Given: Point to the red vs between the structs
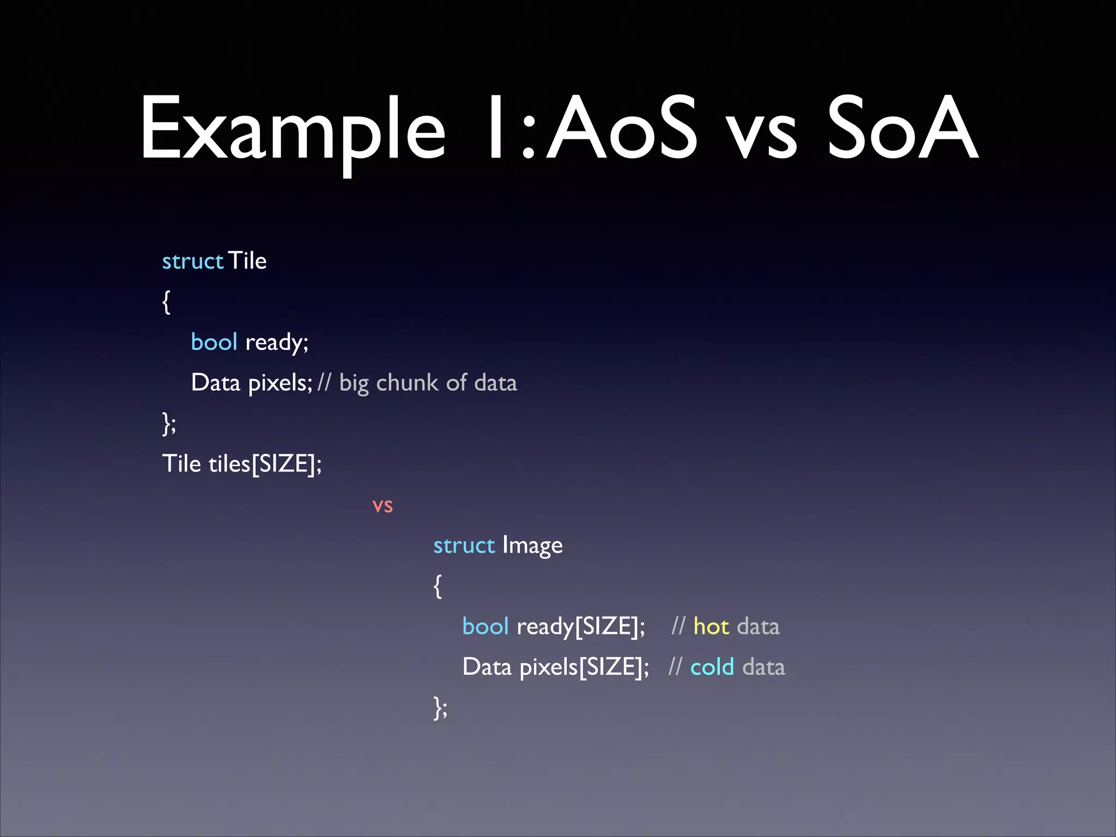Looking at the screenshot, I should (383, 506).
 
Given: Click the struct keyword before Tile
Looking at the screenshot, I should (192, 261).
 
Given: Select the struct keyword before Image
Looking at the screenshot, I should (464, 545).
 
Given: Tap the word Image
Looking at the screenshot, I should (532, 546).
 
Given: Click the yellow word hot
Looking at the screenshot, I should (711, 627).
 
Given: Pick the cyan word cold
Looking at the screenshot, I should (712, 667).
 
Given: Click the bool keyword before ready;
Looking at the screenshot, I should (214, 342).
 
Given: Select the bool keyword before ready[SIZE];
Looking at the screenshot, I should (485, 627).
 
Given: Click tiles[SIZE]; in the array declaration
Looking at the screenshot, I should (265, 464).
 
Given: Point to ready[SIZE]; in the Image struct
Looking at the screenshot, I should (581, 627).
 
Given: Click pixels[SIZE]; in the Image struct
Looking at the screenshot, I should (584, 668).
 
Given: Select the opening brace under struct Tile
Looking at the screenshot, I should (166, 302).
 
